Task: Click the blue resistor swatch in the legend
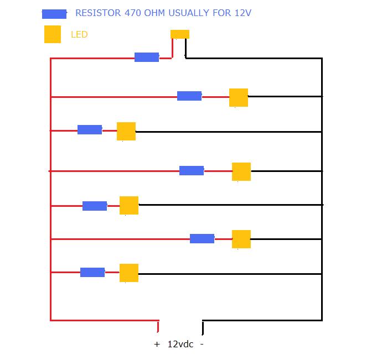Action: pyautogui.click(x=54, y=14)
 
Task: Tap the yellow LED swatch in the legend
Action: pyautogui.click(x=53, y=34)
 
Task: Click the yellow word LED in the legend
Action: pyautogui.click(x=79, y=35)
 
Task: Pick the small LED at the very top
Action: pyautogui.click(x=180, y=34)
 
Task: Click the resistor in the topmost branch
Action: pyautogui.click(x=147, y=57)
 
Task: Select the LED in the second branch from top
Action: pyautogui.click(x=239, y=97)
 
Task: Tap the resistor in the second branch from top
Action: pyautogui.click(x=189, y=96)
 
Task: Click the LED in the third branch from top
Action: pyautogui.click(x=126, y=131)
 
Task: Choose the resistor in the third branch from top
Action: pyautogui.click(x=90, y=130)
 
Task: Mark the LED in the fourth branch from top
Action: pyautogui.click(x=241, y=171)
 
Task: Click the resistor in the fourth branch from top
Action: pyautogui.click(x=192, y=171)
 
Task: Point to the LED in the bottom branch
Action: pyautogui.click(x=129, y=273)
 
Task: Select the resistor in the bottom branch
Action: pyautogui.click(x=92, y=272)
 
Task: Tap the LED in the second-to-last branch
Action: pyautogui.click(x=241, y=239)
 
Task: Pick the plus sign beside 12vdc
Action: pyautogui.click(x=157, y=344)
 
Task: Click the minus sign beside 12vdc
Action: pyautogui.click(x=202, y=344)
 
